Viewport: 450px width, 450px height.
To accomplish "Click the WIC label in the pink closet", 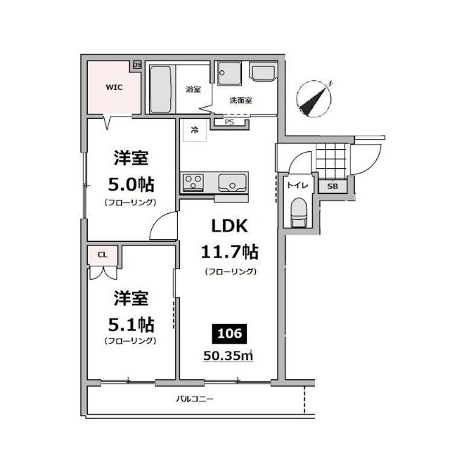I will [113, 88].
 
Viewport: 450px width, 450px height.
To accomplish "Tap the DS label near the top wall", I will [137, 65].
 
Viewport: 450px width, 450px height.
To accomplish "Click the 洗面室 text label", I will [240, 101].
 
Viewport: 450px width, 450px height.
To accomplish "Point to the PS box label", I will [229, 122].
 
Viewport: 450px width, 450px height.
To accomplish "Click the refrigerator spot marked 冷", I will [193, 130].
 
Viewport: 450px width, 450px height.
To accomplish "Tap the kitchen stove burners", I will [192, 184].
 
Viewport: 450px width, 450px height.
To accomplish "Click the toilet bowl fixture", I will [298, 211].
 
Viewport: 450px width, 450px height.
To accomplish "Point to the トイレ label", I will [295, 186].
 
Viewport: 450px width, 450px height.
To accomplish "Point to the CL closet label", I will [103, 255].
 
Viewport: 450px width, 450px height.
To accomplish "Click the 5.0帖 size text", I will [130, 184].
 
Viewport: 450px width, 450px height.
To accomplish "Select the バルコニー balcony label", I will [194, 399].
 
